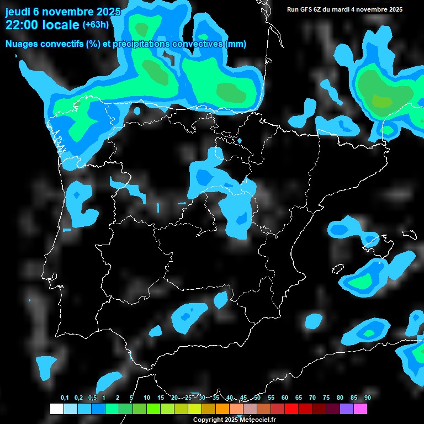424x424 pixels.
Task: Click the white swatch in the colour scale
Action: (56, 409)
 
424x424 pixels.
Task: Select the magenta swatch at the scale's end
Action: (361, 409)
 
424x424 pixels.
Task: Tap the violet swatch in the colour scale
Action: (347, 409)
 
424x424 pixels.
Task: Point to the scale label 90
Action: (367, 398)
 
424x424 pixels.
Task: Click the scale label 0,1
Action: (65, 398)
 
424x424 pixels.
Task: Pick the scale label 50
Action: (257, 398)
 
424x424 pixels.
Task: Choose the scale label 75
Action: (326, 398)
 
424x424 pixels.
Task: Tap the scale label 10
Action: (146, 398)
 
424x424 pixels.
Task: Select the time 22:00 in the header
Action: (22, 25)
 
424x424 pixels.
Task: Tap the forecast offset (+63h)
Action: (96, 25)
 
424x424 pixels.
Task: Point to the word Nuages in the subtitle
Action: (20, 44)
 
